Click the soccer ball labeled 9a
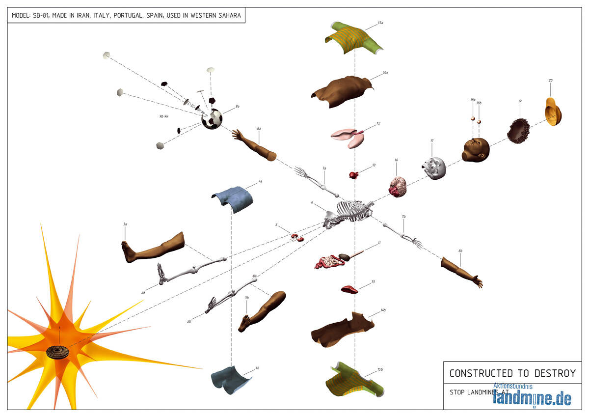[212, 119]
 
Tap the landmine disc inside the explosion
[58, 352]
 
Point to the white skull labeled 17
[434, 167]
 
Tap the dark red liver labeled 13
[350, 289]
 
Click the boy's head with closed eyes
[475, 149]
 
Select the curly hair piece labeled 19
[519, 130]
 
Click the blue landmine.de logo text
[532, 397]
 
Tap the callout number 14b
[383, 310]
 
